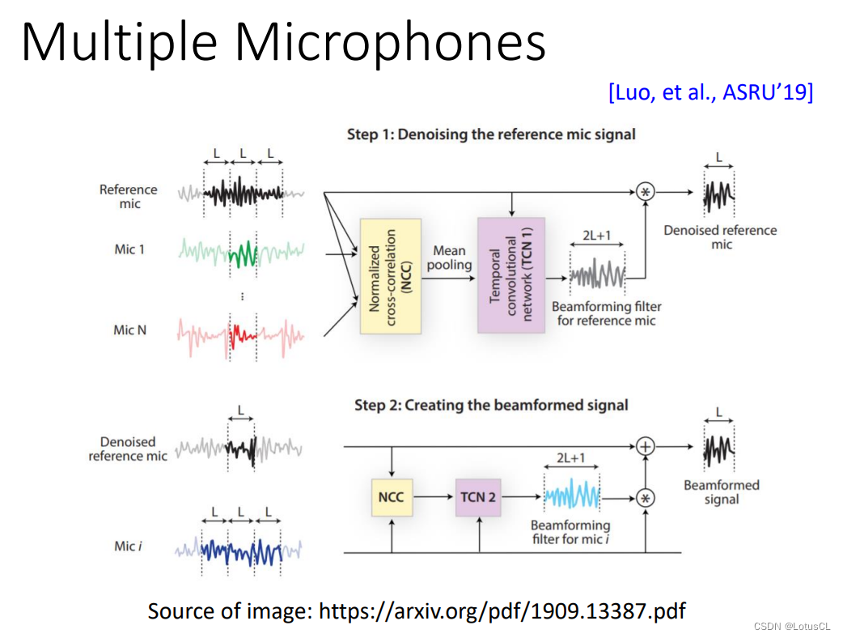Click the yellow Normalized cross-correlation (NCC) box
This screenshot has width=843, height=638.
coord(390,275)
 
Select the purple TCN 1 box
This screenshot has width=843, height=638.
coord(511,275)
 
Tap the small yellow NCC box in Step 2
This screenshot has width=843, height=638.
coord(391,496)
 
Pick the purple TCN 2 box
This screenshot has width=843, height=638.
coord(478,496)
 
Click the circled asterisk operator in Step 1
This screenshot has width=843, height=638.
coord(646,192)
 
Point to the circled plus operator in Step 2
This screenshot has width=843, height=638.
coord(646,446)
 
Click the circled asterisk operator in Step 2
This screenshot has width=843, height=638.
coord(646,498)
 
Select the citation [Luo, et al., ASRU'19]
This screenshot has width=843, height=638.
coord(710,92)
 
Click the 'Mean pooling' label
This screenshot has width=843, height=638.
coord(449,257)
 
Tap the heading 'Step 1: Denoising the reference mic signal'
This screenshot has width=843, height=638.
coord(491,134)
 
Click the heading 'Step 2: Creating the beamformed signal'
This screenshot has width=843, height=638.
coord(491,404)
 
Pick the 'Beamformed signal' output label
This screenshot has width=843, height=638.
coord(721,492)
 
